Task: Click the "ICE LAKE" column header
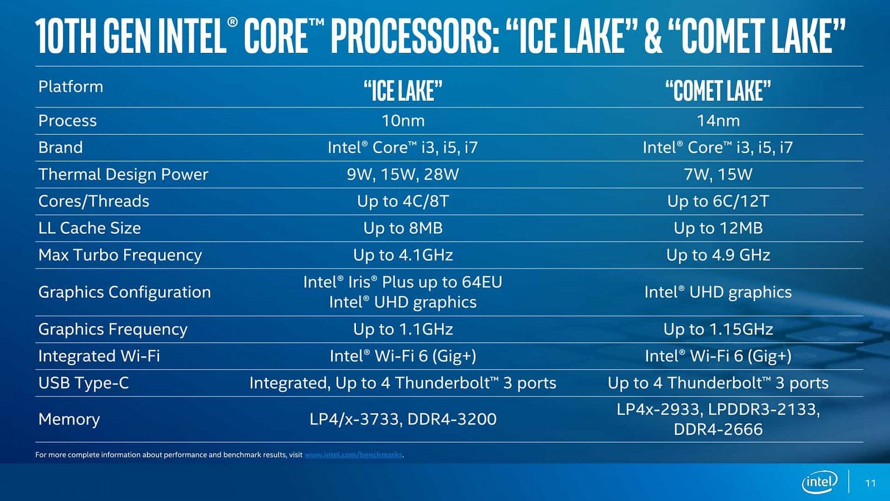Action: click(x=403, y=90)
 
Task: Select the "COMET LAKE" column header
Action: click(x=718, y=90)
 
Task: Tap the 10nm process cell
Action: click(x=403, y=121)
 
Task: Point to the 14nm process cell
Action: click(x=718, y=121)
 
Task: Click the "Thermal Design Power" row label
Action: click(x=123, y=175)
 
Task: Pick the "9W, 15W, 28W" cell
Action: click(x=403, y=175)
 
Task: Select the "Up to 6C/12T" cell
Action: click(x=718, y=202)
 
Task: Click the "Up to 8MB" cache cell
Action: click(x=403, y=228)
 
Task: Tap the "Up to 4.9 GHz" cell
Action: click(x=718, y=255)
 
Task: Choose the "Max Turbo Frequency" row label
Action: click(x=120, y=255)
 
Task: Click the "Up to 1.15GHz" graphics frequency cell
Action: click(x=718, y=330)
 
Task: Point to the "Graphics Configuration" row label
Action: click(x=124, y=292)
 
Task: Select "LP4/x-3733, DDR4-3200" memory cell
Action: click(x=403, y=419)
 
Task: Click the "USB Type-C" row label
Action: click(x=83, y=383)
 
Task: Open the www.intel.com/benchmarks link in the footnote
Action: click(x=353, y=455)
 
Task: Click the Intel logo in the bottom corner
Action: click(x=819, y=482)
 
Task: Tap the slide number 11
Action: click(x=870, y=483)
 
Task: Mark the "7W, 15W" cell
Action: click(x=718, y=175)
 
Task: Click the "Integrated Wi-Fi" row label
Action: click(x=99, y=356)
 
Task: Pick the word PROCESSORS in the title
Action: click(x=415, y=36)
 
